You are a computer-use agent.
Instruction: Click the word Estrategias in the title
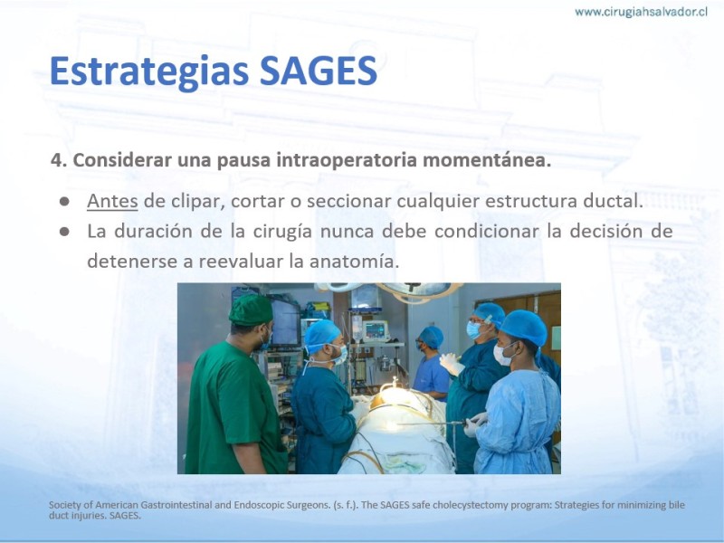coord(151,71)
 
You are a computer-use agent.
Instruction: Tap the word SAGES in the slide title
coord(319,71)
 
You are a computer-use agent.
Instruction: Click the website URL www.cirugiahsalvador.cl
coord(641,12)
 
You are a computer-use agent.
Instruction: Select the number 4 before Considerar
coord(56,160)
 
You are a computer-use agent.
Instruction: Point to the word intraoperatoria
coord(347,160)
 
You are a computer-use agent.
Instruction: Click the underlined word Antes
coord(112,201)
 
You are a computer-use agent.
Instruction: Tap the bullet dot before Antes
coord(64,202)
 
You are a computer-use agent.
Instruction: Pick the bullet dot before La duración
coord(64,232)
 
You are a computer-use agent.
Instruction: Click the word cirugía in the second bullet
coord(282,232)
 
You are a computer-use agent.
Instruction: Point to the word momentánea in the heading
coord(487,160)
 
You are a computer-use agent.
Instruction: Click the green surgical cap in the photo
coord(251,310)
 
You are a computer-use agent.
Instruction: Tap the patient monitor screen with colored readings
coord(376,330)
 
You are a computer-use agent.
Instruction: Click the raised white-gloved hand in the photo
coord(451,364)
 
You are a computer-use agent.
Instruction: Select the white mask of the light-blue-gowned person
coord(501,355)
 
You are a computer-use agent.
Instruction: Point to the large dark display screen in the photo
coord(285,323)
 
